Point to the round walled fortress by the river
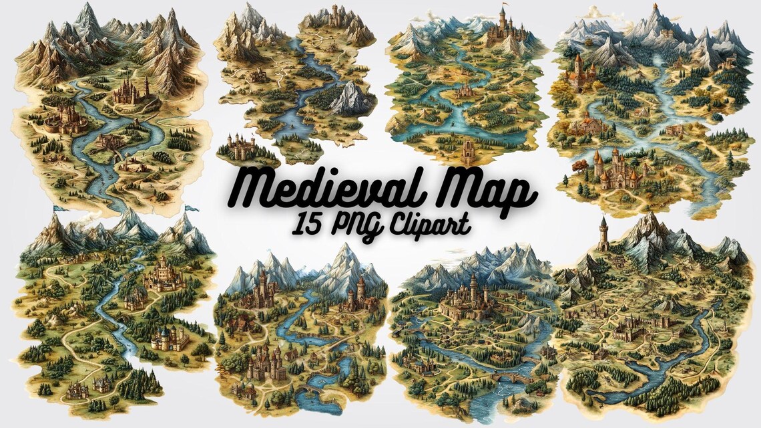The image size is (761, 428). [63, 120]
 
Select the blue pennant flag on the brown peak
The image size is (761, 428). [192, 209]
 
